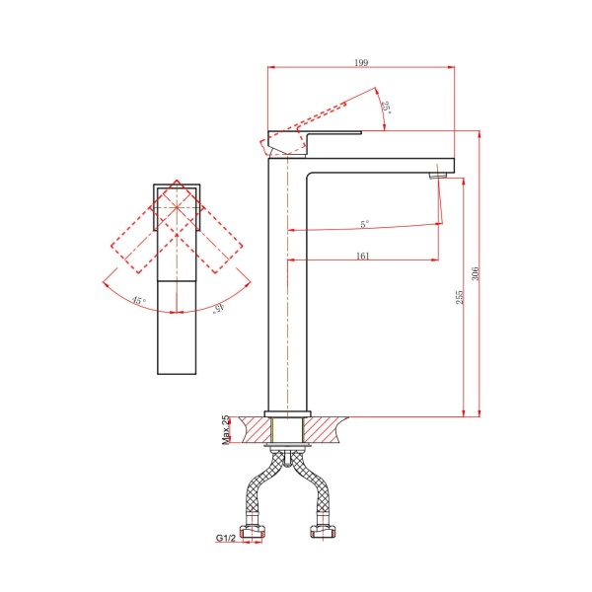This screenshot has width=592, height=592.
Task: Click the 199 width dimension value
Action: [361, 62]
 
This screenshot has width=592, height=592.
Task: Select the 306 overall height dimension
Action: [475, 273]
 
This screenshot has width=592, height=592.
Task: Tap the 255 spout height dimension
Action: [459, 298]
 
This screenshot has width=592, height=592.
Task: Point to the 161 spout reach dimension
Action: [362, 256]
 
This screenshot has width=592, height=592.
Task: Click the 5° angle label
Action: [364, 224]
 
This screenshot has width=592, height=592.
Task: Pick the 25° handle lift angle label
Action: [387, 108]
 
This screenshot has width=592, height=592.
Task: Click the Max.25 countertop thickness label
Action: [225, 430]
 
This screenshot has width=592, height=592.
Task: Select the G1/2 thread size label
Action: [225, 538]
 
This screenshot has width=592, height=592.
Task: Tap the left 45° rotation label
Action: [138, 301]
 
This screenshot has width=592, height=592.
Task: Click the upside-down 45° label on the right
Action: [219, 308]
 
